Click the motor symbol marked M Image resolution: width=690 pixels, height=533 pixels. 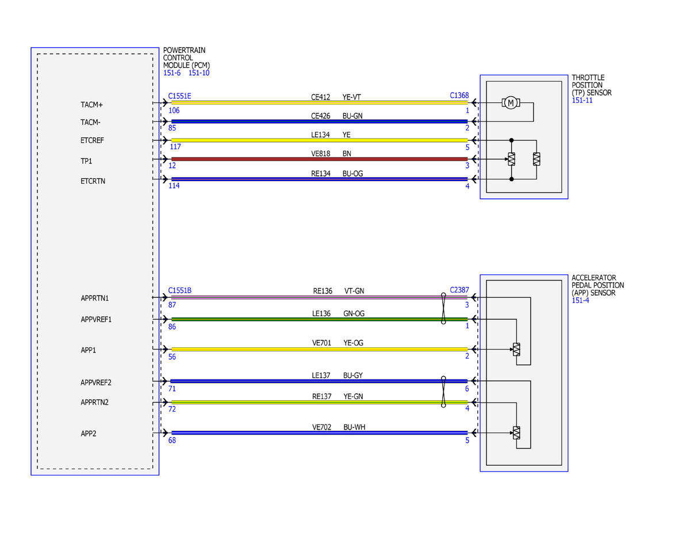tap(510, 102)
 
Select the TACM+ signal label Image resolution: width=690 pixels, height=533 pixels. tap(91, 105)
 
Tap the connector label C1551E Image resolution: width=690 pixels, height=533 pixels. tap(179, 96)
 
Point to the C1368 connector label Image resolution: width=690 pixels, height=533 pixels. tap(459, 95)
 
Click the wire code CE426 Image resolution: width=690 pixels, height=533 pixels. tap(320, 116)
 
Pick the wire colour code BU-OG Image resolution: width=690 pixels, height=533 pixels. tap(352, 174)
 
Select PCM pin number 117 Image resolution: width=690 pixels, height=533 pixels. tap(175, 147)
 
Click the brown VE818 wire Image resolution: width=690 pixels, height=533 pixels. tap(320, 159)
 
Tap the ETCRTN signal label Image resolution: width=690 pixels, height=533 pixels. tap(93, 181)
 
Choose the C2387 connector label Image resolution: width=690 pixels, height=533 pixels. tap(459, 290)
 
